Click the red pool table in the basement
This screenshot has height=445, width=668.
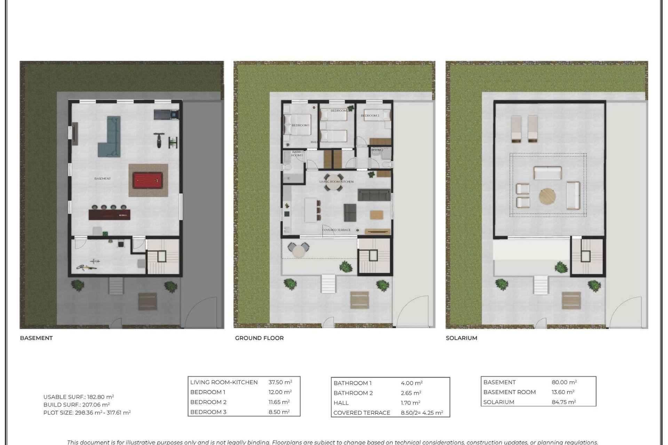coord(148,181)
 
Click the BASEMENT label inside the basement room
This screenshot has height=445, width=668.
coord(103,179)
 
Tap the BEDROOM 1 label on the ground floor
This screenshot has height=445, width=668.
coord(300,125)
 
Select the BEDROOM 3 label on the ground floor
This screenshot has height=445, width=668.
coord(370,116)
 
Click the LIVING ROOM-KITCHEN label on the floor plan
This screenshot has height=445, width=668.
coord(336,182)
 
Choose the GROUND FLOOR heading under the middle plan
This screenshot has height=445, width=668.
coord(259,338)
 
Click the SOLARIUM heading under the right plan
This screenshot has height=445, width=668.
coord(461,338)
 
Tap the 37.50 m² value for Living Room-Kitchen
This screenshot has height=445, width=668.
coord(280,382)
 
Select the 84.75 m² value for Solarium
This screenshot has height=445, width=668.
coord(564,402)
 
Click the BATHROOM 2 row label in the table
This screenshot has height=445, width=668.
coord(353,393)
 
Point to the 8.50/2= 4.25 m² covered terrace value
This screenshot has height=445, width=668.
coord(422,413)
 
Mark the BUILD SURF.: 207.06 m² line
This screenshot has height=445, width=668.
coord(77,405)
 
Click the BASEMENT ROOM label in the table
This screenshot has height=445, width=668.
coord(509,392)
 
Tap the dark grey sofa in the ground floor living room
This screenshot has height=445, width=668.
coord(374,195)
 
